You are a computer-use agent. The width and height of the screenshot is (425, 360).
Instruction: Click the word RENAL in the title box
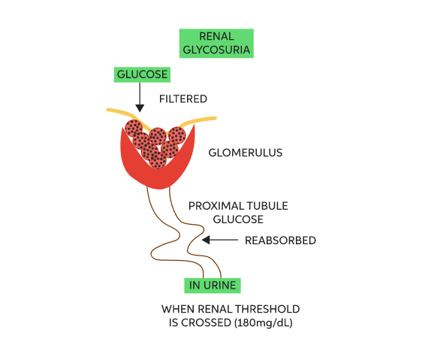[x=216, y=36]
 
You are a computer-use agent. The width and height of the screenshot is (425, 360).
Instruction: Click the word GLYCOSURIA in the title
[x=216, y=50]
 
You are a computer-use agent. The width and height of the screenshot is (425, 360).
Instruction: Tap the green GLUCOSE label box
[x=142, y=74]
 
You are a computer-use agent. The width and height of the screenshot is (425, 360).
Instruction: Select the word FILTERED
[x=183, y=99]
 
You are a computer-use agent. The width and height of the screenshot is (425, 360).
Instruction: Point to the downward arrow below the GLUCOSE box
[x=140, y=97]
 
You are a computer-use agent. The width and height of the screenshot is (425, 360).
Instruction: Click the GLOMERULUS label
[x=246, y=153]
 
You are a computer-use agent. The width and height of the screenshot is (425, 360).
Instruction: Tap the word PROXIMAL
[x=212, y=206]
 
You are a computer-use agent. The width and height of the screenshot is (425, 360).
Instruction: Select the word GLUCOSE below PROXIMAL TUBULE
[x=238, y=219]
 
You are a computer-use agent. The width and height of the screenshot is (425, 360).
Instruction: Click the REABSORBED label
[x=280, y=241]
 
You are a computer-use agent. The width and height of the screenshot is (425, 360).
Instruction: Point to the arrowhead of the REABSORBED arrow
[x=206, y=240]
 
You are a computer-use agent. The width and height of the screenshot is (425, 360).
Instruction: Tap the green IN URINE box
[x=212, y=286]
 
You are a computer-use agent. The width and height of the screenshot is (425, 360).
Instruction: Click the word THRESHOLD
[x=267, y=309]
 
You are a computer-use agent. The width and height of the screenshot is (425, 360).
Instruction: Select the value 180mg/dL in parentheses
[x=264, y=323]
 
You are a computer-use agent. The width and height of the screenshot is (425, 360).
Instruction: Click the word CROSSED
[x=206, y=323]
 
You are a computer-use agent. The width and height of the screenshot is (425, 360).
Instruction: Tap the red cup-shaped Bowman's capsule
[x=158, y=174]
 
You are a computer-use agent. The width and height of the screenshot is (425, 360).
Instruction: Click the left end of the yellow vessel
[x=108, y=110]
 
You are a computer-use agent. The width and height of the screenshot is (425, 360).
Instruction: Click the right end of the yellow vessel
[x=215, y=118]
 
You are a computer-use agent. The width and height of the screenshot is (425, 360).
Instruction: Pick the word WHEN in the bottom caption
[x=178, y=309]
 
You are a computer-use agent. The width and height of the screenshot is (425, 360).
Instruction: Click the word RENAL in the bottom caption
[x=215, y=309]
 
